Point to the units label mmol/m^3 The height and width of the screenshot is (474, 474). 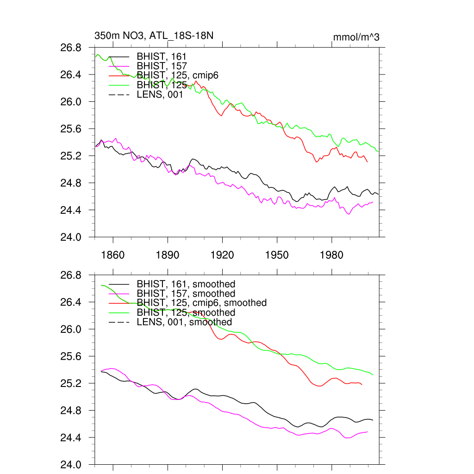click(x=356, y=37)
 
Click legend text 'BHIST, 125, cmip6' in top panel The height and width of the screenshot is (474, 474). click(x=177, y=75)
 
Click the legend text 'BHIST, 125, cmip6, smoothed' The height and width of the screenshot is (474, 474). click(x=202, y=303)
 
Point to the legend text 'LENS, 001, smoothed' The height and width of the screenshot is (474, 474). click(x=184, y=322)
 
